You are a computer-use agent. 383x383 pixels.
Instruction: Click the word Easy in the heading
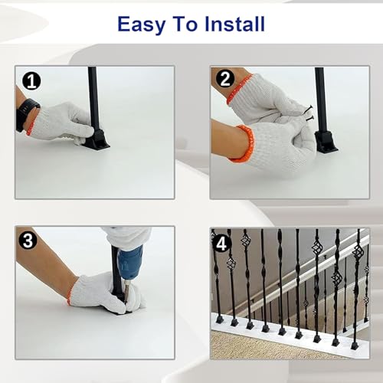pyautogui.click(x=141, y=25)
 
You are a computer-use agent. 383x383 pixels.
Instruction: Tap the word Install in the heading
pyautogui.click(x=234, y=24)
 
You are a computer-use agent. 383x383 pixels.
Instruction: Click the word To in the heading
pyautogui.click(x=185, y=24)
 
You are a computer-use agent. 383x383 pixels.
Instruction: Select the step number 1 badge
pyautogui.click(x=31, y=81)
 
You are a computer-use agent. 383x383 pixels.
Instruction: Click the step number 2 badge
pyautogui.click(x=225, y=79)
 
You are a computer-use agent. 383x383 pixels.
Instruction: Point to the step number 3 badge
pyautogui.click(x=28, y=241)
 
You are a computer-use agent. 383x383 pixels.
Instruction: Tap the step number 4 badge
pyautogui.click(x=221, y=244)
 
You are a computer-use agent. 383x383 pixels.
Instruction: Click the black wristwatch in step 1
pyautogui.click(x=27, y=115)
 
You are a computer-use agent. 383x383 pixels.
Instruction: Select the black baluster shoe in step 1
pyautogui.click(x=96, y=139)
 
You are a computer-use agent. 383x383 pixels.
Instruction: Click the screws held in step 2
pyautogui.click(x=309, y=113)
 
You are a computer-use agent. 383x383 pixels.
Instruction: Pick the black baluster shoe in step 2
pyautogui.click(x=326, y=142)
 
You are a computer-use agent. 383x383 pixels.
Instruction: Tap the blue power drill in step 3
pyautogui.click(x=129, y=266)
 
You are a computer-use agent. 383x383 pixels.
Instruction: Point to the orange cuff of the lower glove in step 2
pyautogui.click(x=243, y=143)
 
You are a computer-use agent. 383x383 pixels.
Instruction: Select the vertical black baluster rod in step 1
pyautogui.click(x=93, y=99)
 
